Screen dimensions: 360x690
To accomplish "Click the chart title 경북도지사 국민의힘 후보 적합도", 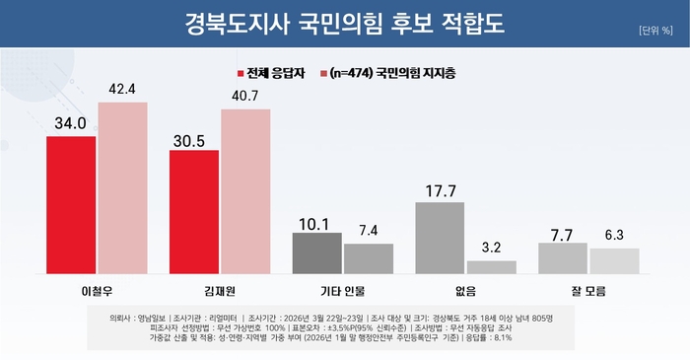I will click(x=344, y=21).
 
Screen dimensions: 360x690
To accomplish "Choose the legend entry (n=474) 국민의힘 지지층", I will click(x=388, y=73).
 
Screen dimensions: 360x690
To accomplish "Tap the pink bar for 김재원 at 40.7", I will click(x=244, y=190).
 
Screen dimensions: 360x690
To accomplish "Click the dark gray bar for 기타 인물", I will click(x=317, y=252).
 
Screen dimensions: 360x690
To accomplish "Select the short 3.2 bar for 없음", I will click(x=491, y=266).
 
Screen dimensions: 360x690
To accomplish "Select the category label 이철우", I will click(x=97, y=291).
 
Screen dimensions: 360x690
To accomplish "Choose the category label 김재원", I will click(x=219, y=291).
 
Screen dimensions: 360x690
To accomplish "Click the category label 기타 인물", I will click(x=342, y=291).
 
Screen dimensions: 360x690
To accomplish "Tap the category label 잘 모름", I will click(x=587, y=291).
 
